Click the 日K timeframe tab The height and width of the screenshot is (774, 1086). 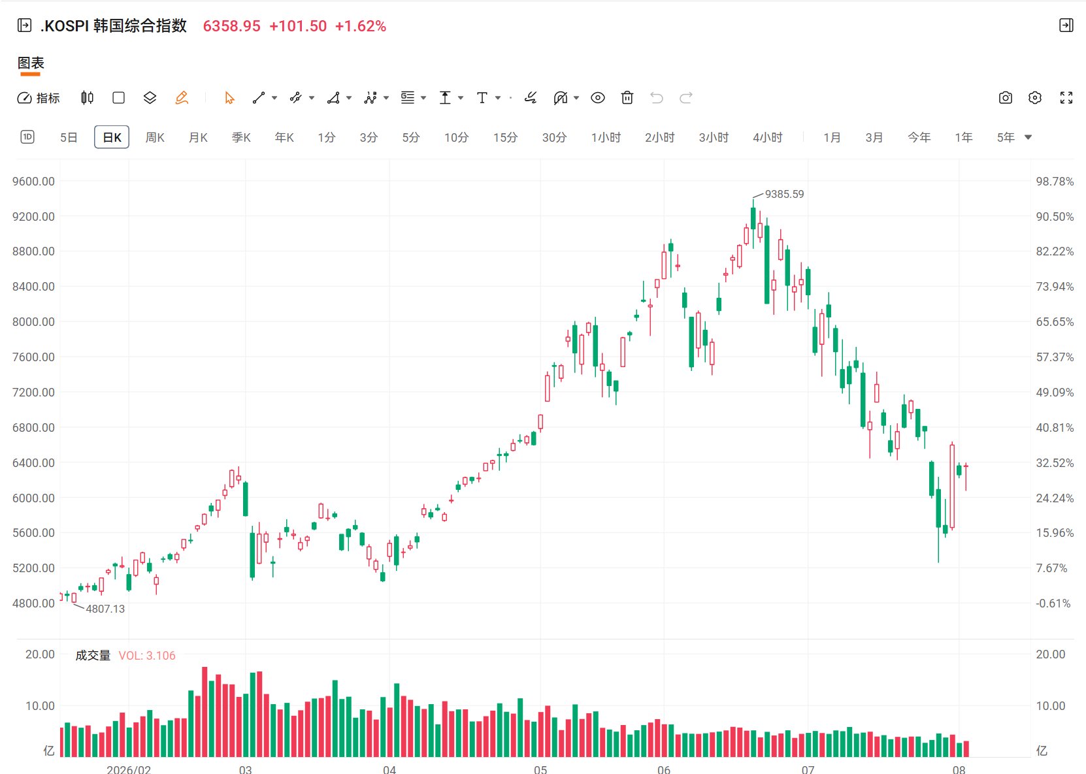coord(112,137)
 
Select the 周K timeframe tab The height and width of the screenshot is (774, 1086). coord(155,138)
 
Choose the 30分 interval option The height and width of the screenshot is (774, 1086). coord(554,138)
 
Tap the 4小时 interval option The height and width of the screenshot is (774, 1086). coord(768,138)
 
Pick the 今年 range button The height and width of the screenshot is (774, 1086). coord(919,138)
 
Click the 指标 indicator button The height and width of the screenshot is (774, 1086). coord(39,98)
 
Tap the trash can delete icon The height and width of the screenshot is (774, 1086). coord(627,98)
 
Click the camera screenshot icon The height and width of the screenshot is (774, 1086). coord(1005,98)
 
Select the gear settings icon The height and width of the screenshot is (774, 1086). coord(1034,98)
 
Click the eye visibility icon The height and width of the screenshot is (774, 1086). coord(597,98)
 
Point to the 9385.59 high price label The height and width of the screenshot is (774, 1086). coord(784,195)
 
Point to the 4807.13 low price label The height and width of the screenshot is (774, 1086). coord(105,609)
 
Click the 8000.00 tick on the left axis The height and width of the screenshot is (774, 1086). coord(33,322)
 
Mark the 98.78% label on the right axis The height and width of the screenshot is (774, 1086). coord(1055,182)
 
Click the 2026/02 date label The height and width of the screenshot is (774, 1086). coord(129,769)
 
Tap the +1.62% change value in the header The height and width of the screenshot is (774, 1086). coord(360,26)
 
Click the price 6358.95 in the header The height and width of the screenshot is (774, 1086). coord(231,26)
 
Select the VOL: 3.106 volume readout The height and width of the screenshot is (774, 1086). coord(147,655)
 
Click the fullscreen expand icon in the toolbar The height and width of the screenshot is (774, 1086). coord(1066,98)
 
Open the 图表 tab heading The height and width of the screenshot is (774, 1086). coord(31,63)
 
